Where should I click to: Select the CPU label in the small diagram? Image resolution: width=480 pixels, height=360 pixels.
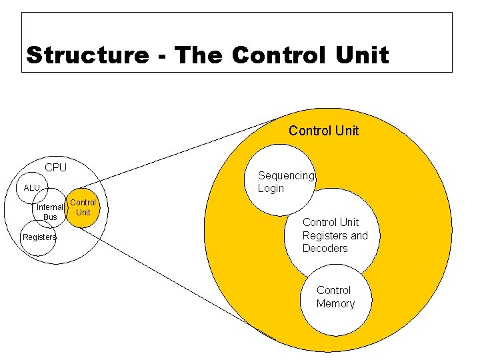point(55,167)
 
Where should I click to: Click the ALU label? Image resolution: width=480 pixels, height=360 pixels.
point(32,188)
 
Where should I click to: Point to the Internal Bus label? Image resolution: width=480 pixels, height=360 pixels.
point(50,212)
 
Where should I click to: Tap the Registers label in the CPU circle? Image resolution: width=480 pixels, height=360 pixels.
point(39,237)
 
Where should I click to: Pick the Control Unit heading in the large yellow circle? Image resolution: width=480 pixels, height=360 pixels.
point(323,131)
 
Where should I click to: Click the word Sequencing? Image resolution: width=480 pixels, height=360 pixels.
point(285,175)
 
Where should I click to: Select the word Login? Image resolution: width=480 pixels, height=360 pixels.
point(271,188)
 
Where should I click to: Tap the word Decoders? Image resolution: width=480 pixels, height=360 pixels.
point(325,248)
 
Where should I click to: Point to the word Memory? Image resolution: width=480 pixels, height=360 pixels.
point(335,304)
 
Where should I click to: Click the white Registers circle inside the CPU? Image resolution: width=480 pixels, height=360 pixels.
point(37,247)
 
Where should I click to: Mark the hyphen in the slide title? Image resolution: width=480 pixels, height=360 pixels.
point(161,56)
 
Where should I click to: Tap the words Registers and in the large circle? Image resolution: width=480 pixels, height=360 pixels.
point(335,235)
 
